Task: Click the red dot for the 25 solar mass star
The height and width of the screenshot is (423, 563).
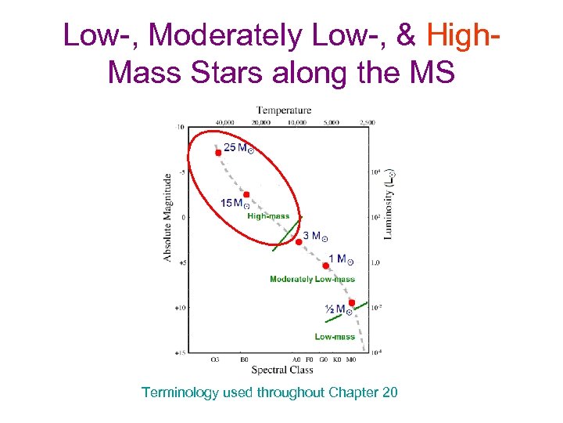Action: (x=218, y=153)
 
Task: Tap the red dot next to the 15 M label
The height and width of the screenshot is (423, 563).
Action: (x=246, y=194)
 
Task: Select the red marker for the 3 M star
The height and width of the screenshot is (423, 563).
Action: (x=298, y=242)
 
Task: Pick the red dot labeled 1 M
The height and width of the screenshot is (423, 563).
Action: (x=326, y=266)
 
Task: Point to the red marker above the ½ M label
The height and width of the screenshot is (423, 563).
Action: (x=352, y=302)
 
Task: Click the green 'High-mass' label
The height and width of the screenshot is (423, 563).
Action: (x=268, y=216)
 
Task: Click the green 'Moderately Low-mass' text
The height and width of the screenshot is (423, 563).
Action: (x=312, y=279)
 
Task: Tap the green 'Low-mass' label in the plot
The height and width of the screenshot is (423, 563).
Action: (x=335, y=337)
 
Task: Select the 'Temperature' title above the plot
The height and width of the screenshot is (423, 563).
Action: (x=284, y=110)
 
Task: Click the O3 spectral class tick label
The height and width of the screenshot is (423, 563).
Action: (x=215, y=360)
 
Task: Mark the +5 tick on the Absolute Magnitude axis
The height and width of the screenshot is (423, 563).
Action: (x=179, y=263)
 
